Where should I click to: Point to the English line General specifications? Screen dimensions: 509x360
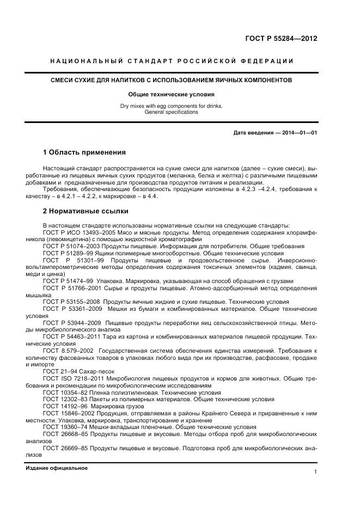[x=172, y=112]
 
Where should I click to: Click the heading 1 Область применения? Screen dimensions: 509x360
[x=84, y=152]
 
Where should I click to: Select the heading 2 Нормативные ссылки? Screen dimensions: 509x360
[x=86, y=211]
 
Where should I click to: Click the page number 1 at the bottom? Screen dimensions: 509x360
[x=315, y=472]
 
